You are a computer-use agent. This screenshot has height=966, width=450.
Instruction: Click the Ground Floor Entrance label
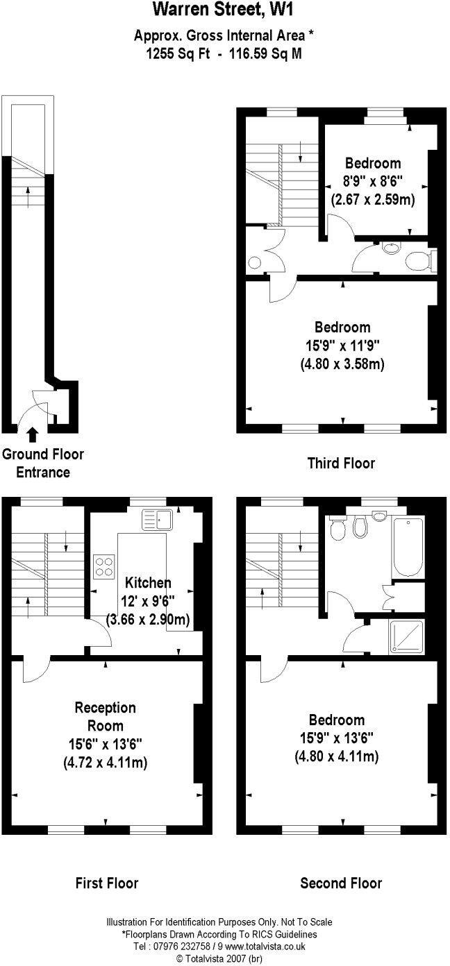click(43, 463)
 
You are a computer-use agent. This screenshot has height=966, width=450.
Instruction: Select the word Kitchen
click(147, 583)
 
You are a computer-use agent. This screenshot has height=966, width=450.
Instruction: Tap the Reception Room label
click(105, 717)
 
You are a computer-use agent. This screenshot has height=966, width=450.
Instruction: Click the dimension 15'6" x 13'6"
click(105, 745)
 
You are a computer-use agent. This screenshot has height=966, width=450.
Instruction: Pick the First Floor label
click(106, 883)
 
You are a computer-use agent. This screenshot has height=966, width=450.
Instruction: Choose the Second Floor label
click(340, 883)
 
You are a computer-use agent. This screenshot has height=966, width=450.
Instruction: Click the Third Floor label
click(340, 463)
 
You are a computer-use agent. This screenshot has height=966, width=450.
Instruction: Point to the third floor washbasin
click(389, 248)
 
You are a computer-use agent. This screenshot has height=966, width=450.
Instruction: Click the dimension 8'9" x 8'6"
click(372, 182)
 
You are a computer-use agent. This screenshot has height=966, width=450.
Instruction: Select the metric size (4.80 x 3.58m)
click(342, 363)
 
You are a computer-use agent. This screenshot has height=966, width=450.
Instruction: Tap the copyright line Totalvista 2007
click(219, 958)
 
